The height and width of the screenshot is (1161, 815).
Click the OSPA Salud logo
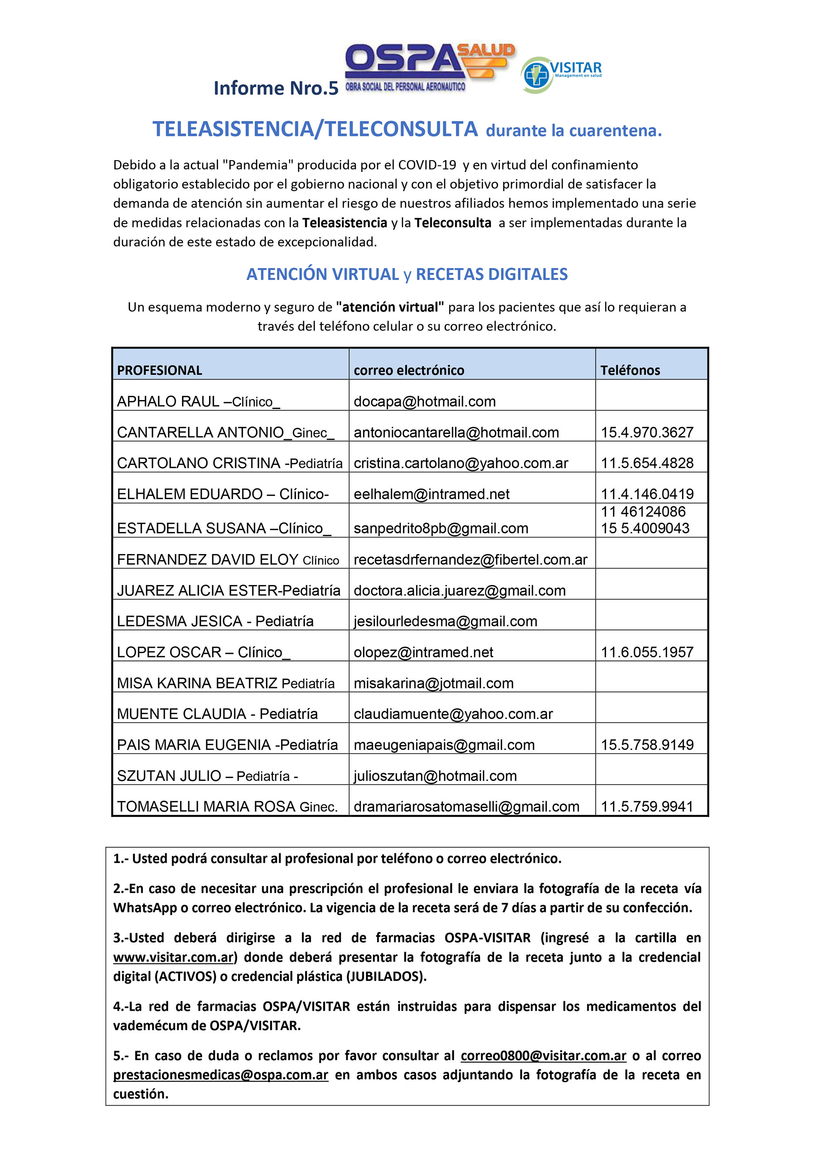click(x=430, y=67)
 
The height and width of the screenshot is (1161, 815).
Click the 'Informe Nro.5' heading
click(x=276, y=88)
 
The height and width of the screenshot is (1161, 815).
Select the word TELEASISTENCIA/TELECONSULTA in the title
click(x=315, y=129)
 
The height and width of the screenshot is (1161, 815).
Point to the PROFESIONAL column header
click(x=159, y=370)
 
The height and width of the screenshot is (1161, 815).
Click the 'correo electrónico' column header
click(x=409, y=370)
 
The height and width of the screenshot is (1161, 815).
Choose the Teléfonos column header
click(x=630, y=370)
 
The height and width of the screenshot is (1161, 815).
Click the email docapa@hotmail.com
click(x=425, y=402)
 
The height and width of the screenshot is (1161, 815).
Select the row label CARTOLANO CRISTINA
click(x=198, y=463)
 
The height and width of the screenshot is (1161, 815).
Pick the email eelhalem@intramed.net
click(x=432, y=494)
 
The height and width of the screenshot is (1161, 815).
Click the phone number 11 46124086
click(x=643, y=512)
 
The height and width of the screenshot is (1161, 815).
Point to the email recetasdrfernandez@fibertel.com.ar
click(x=471, y=560)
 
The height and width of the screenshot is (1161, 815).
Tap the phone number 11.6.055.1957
click(x=647, y=652)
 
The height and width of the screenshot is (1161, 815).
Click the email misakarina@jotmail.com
click(x=434, y=683)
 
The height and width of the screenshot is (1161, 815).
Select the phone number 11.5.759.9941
click(x=647, y=807)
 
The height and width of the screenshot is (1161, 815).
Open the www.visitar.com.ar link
click(x=173, y=957)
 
